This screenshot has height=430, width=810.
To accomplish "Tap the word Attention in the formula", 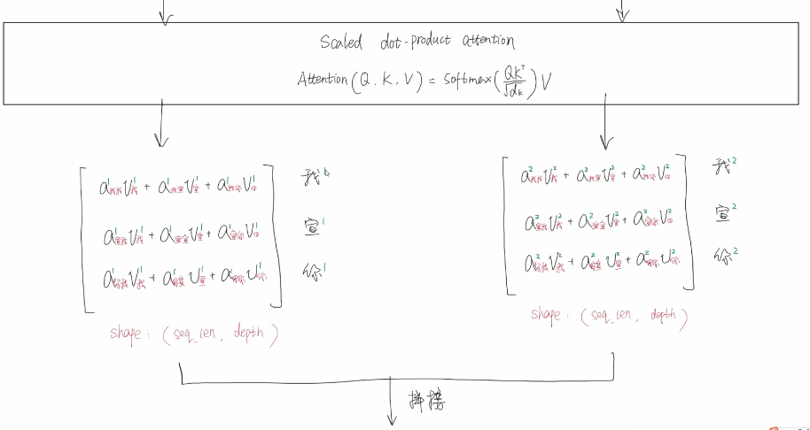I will tap(322, 79).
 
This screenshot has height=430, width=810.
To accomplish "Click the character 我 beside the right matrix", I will tap(721, 167).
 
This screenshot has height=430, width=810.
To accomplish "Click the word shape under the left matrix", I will tap(127, 333).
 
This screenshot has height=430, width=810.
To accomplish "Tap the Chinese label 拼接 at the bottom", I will tap(427, 401).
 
